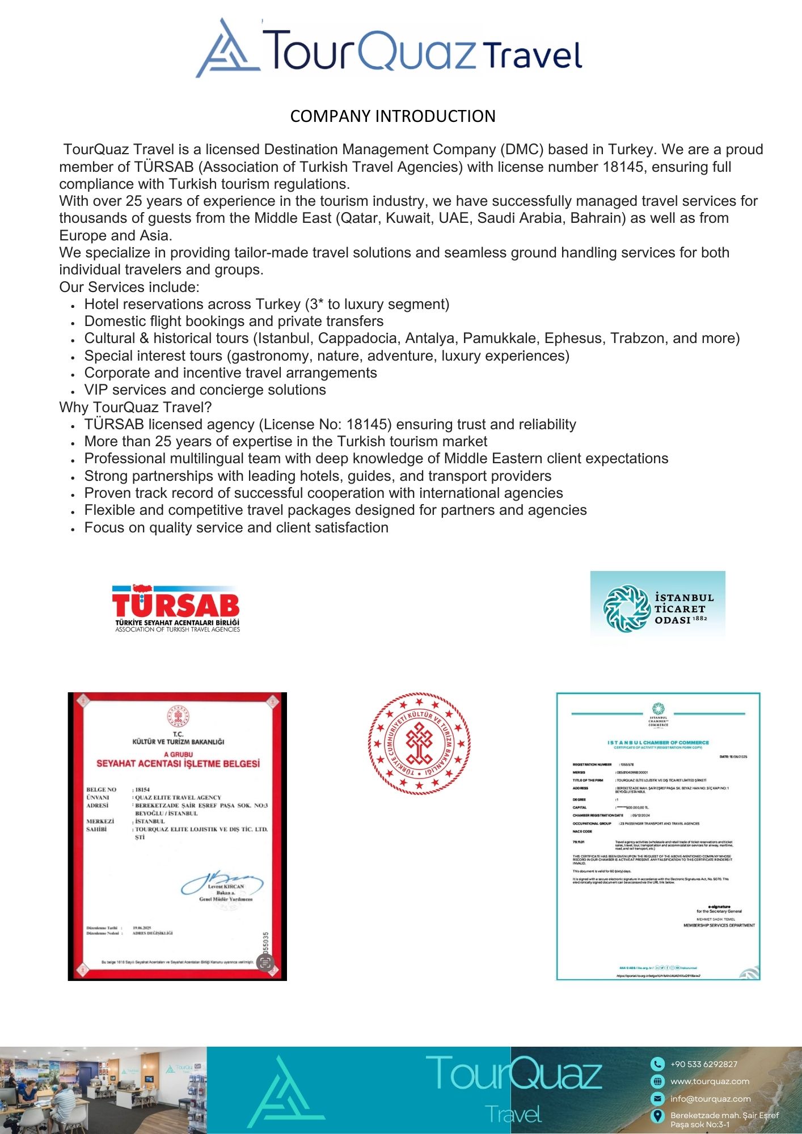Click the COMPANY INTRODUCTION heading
point(392,116)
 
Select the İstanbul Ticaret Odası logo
point(657,608)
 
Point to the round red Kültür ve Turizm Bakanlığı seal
point(419,743)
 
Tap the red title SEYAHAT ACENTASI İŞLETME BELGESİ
point(178,764)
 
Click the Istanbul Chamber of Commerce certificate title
point(658,742)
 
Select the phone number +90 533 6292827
point(703,1064)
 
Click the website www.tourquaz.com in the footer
point(710,1081)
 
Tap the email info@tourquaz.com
point(710,1099)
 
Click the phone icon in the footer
point(657,1064)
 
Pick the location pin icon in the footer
point(657,1116)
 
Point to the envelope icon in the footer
point(657,1099)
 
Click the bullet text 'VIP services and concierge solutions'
point(205,390)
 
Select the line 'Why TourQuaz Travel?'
point(136,407)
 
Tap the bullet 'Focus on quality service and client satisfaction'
point(236,528)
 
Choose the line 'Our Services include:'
point(129,287)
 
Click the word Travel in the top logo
point(533,56)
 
